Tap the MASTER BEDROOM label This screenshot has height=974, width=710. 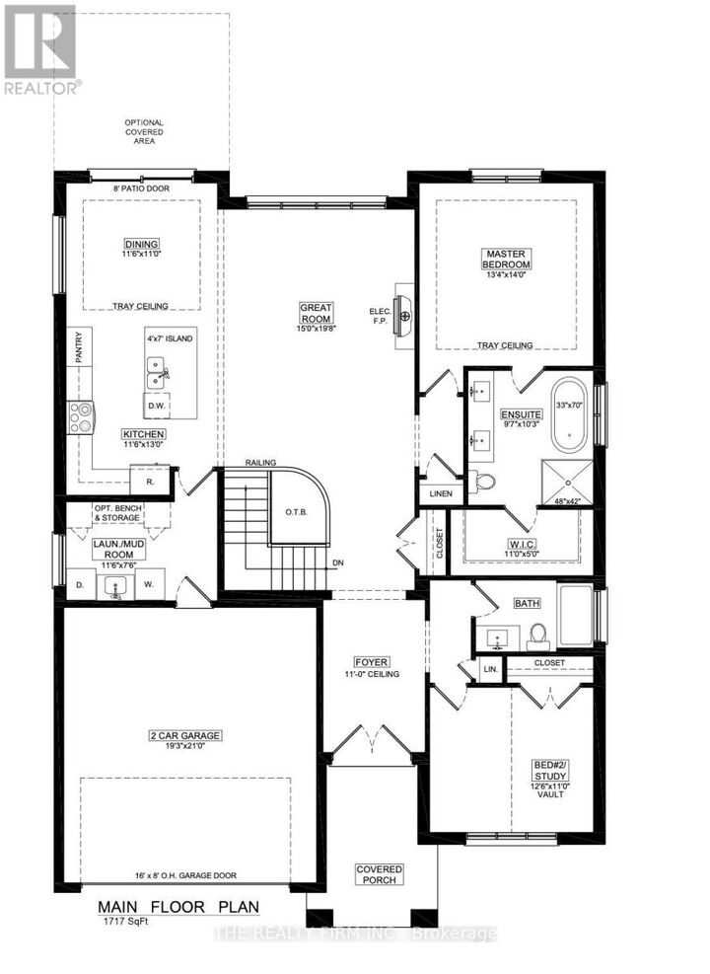click(x=506, y=259)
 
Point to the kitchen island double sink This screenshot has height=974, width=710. click(x=156, y=374)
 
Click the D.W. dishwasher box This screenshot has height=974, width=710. click(x=156, y=406)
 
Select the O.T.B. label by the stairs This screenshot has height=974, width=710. click(x=296, y=512)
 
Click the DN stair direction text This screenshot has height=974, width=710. click(x=337, y=563)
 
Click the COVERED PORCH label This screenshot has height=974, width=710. click(x=379, y=874)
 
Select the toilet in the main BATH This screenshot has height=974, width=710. click(x=537, y=632)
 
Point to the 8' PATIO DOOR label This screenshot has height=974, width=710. click(x=129, y=187)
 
